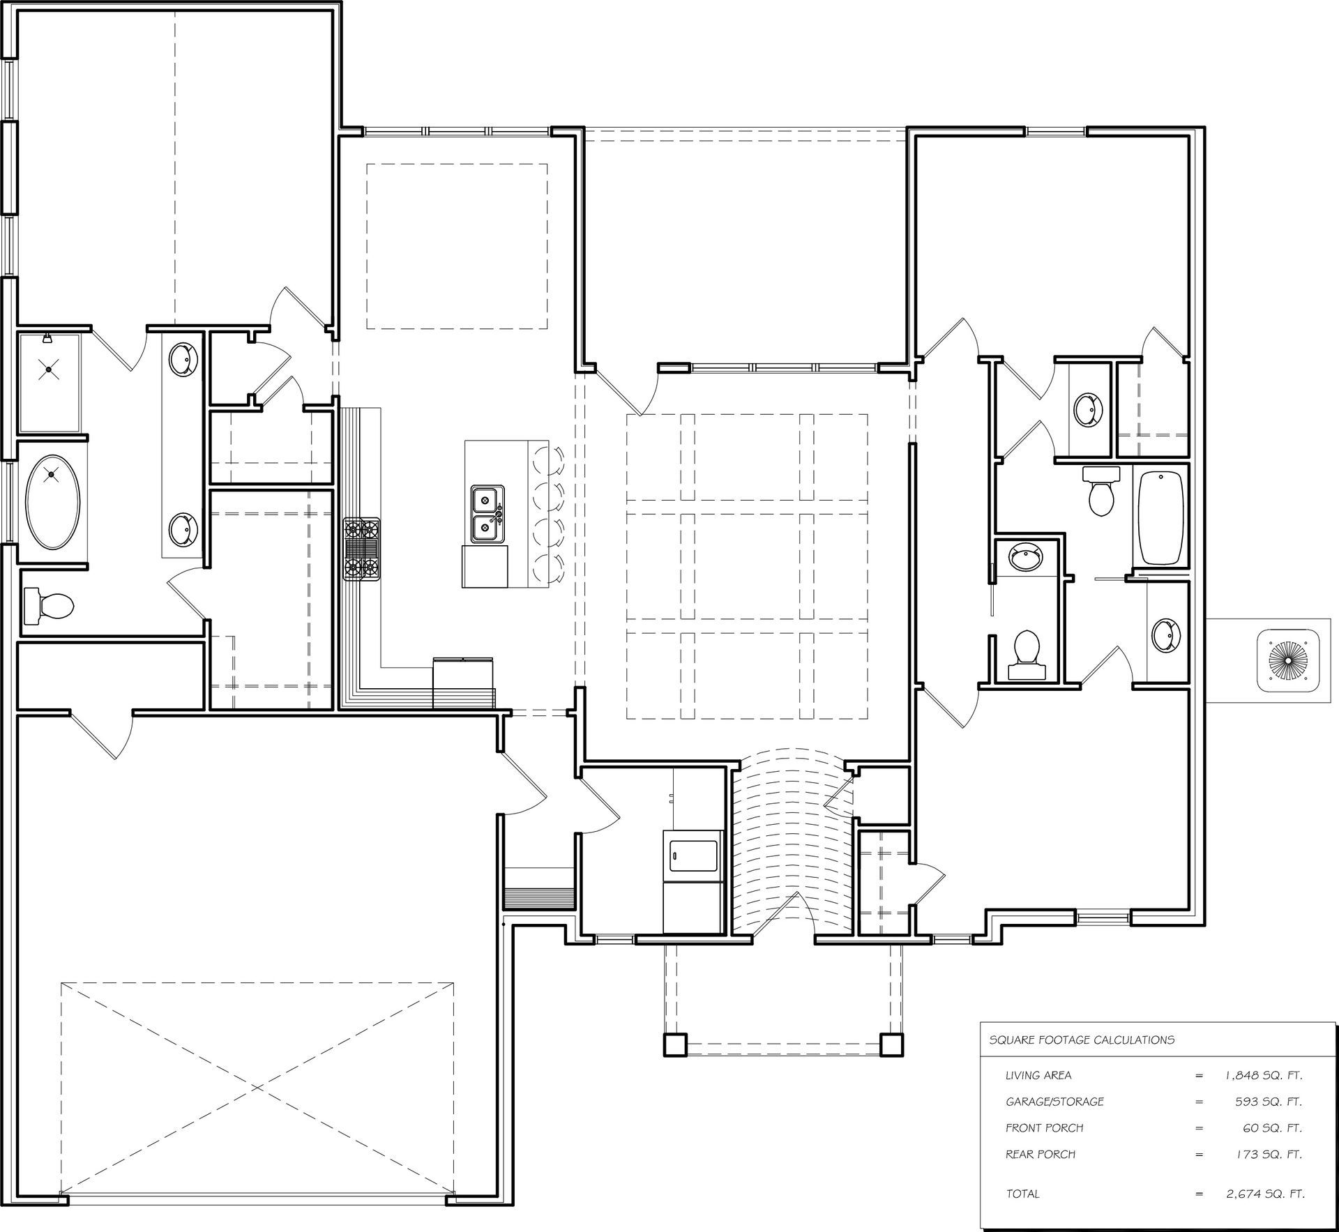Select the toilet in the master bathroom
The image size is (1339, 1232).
click(50, 604)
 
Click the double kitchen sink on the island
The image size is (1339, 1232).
click(485, 515)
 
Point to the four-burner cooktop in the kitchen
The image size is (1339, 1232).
click(361, 549)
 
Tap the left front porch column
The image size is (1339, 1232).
click(675, 1043)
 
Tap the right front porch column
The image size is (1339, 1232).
click(891, 1043)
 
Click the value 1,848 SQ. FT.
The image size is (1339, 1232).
click(1264, 1075)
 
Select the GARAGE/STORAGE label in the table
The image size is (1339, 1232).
click(1054, 1102)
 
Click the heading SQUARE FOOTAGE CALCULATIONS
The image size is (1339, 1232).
click(1082, 1040)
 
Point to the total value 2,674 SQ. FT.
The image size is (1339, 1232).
click(1265, 1194)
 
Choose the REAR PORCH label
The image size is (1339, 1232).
click(1040, 1154)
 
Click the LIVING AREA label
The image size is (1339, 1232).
click(1038, 1075)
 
